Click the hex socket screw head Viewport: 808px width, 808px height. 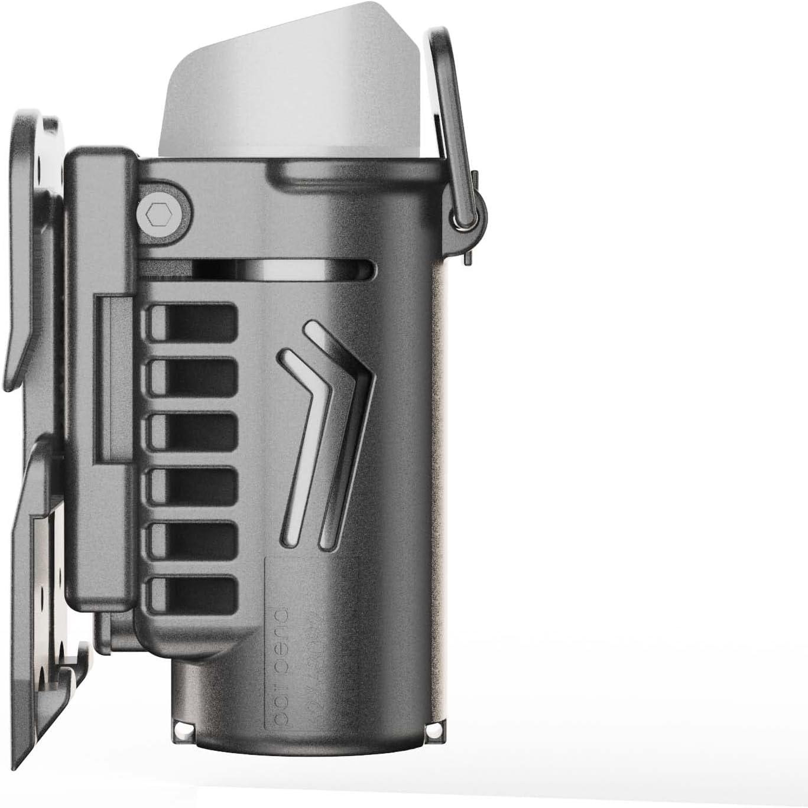point(157,213)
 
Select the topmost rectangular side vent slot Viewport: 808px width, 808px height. point(194,322)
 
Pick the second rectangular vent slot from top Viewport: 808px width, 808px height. point(194,378)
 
